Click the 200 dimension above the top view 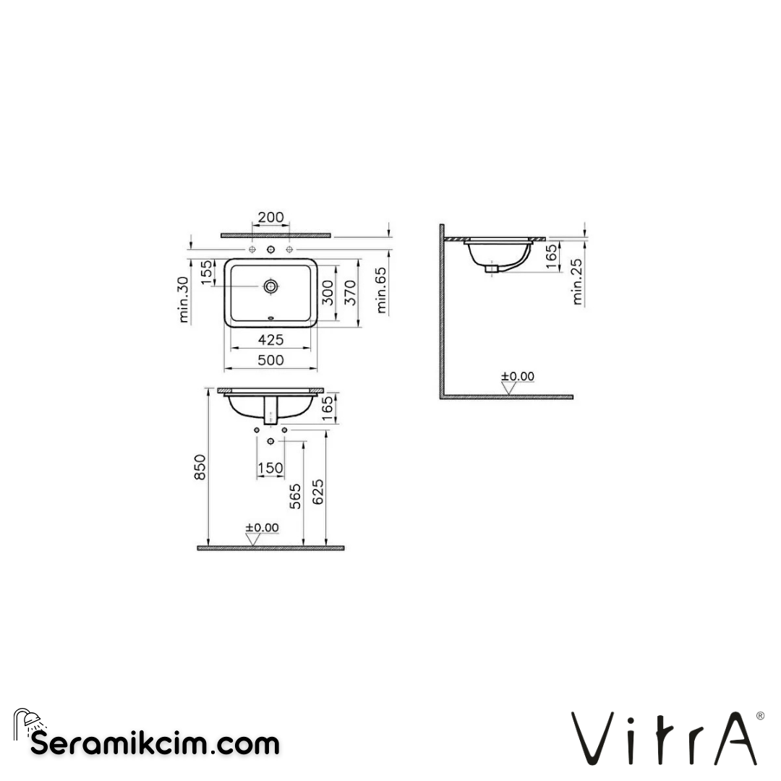click(270, 218)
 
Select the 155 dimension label click(207, 273)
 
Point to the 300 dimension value click(328, 291)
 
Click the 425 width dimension click(270, 340)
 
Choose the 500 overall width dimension click(270, 360)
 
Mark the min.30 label click(183, 299)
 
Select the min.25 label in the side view click(577, 281)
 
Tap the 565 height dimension click(295, 496)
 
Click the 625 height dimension click(318, 492)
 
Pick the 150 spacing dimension click(270, 469)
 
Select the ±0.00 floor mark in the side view click(517, 377)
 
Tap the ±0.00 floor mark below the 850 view click(261, 528)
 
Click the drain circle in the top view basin click(270, 286)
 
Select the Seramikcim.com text click(155, 743)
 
